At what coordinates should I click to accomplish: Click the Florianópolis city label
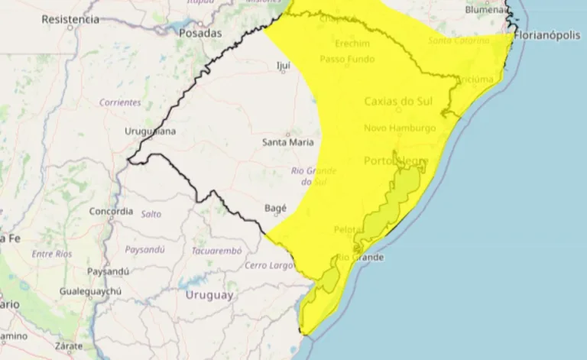(x=550, y=35)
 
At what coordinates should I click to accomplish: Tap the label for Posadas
(x=199, y=34)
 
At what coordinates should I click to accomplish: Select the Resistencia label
(x=70, y=19)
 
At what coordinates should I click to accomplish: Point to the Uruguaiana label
(x=150, y=131)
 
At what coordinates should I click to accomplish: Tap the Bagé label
(x=275, y=208)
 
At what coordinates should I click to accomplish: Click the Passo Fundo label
(x=347, y=59)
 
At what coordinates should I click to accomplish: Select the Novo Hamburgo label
(x=400, y=128)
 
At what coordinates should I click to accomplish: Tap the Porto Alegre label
(x=395, y=161)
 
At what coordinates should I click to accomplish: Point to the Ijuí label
(x=283, y=66)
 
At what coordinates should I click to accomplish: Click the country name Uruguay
(x=209, y=295)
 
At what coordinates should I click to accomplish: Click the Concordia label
(x=112, y=211)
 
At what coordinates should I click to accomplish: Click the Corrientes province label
(x=120, y=102)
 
